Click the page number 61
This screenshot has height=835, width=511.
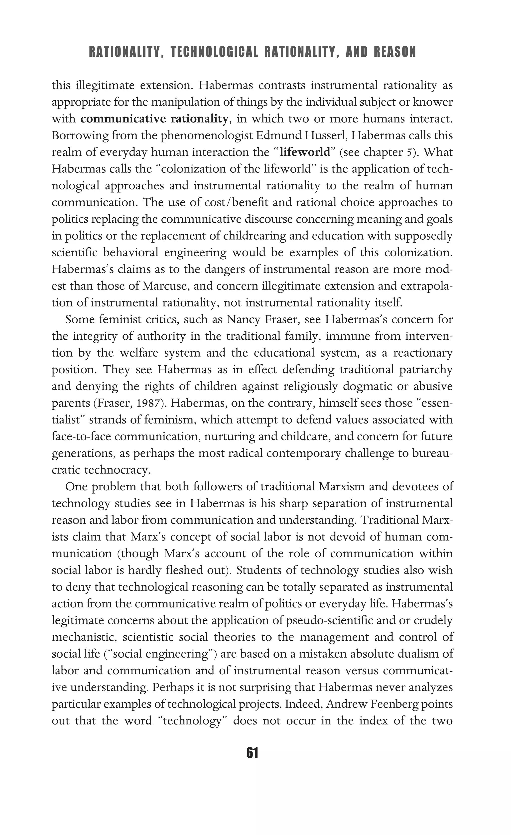[x=253, y=753]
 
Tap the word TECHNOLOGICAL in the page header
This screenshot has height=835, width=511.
[x=214, y=52]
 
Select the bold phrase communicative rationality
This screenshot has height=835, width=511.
[x=154, y=119]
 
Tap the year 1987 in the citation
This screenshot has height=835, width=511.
[x=151, y=403]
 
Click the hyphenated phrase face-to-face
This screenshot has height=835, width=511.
[x=81, y=436]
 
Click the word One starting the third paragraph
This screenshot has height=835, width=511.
[x=76, y=487]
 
